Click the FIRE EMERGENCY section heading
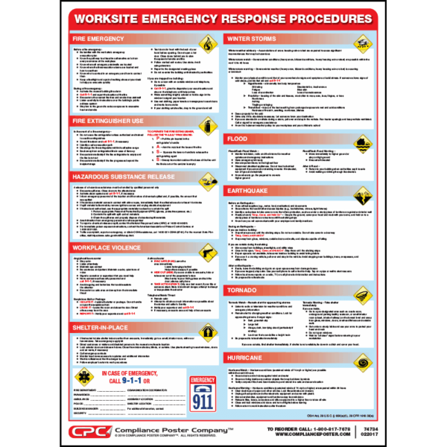[93, 37]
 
